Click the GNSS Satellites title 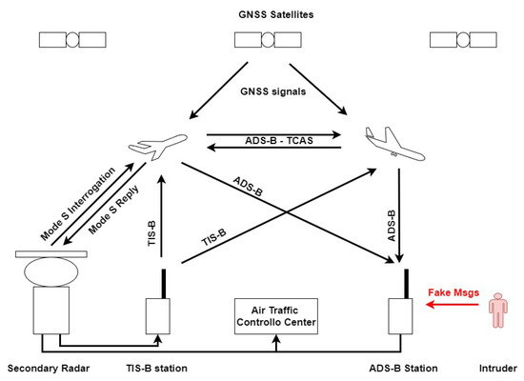(x=261, y=13)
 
